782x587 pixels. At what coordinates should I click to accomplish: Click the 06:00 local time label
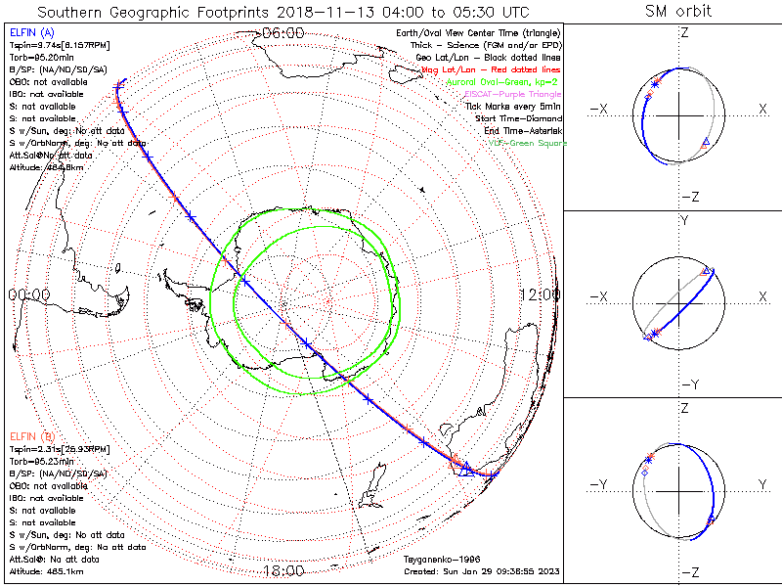coord(283,33)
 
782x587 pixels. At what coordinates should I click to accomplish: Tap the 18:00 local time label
coord(283,570)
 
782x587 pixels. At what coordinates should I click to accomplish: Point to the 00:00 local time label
coord(28,294)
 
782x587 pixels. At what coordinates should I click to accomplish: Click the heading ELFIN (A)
coord(30,33)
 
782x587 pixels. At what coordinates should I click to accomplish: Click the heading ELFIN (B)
coord(30,435)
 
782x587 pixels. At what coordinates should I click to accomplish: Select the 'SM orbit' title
coord(678,12)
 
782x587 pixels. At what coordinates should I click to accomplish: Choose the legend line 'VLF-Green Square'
coord(527,143)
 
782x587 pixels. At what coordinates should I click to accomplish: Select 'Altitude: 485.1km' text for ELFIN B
coord(46,570)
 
